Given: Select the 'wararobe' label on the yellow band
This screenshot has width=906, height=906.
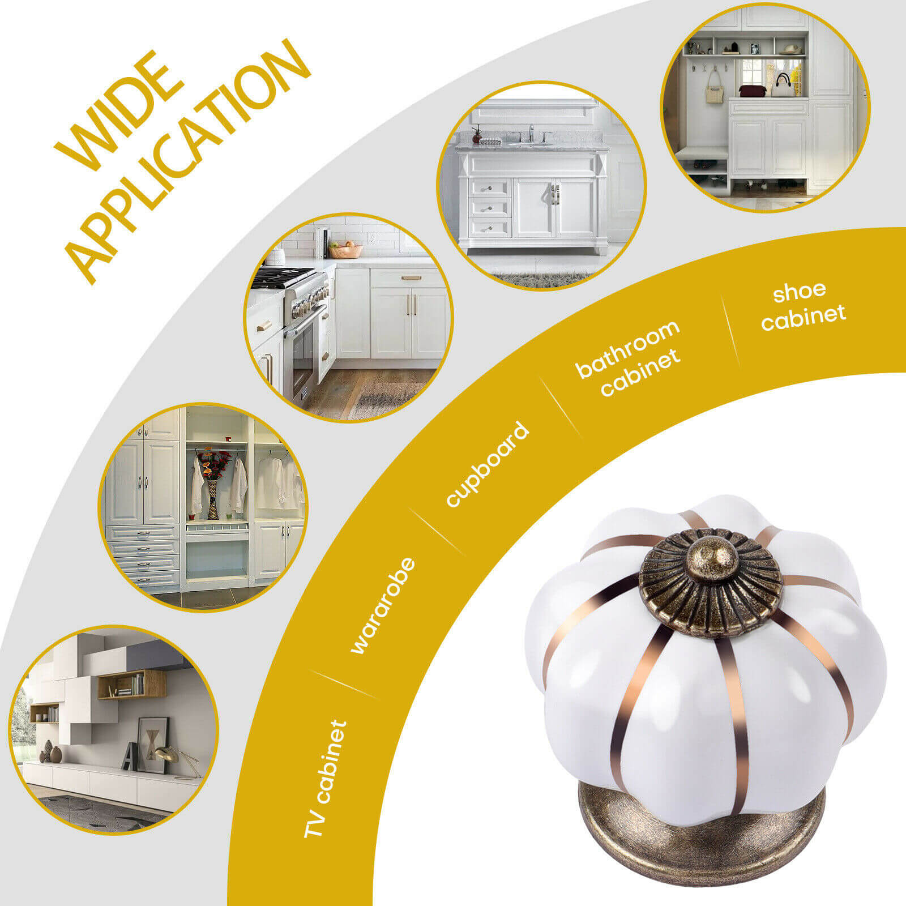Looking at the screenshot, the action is click(383, 606).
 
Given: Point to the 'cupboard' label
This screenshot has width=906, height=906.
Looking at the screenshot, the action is click(487, 464).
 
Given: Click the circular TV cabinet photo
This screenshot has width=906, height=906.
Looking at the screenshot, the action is click(114, 730).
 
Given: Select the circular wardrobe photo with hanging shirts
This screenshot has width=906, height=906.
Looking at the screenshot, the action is click(204, 507).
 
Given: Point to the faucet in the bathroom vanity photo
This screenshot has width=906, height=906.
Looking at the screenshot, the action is click(531, 134).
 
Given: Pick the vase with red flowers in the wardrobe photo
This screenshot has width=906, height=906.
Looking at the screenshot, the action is click(212, 482).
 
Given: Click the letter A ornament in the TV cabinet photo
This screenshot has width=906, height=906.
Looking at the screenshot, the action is click(130, 756).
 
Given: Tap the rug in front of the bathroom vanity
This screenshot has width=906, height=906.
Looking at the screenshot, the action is click(541, 278).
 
